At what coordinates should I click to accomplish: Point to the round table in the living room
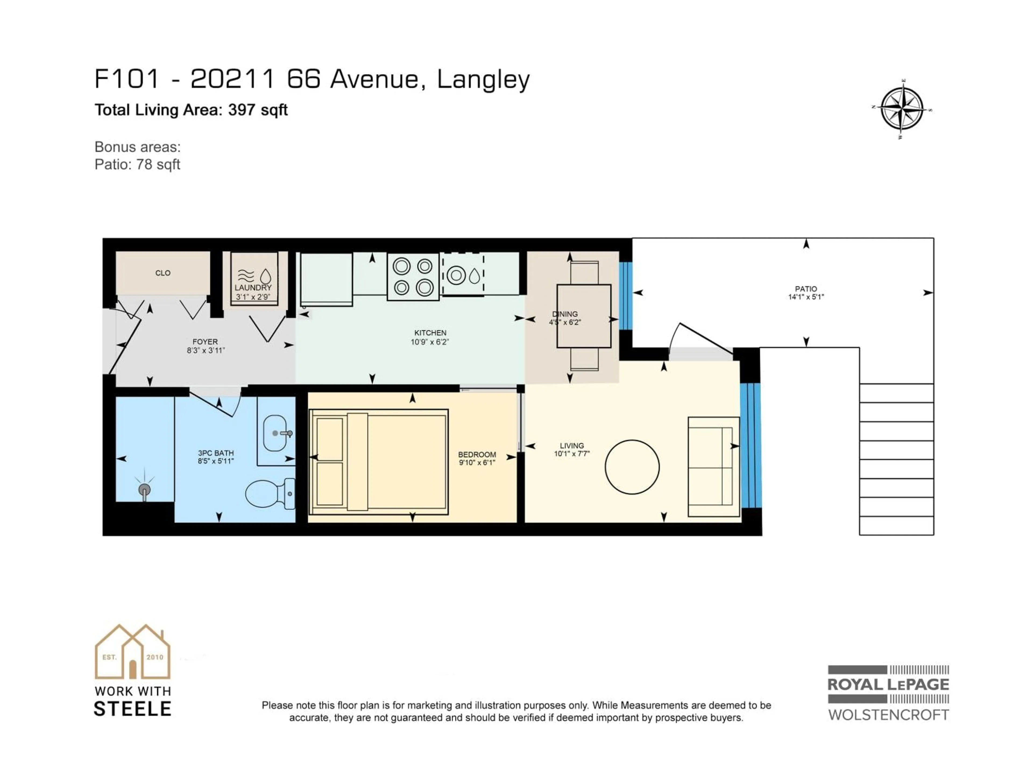point(632,467)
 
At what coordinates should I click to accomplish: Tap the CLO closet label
point(162,273)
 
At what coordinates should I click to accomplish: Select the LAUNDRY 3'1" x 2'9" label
point(253,292)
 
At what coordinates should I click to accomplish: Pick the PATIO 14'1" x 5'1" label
point(806,293)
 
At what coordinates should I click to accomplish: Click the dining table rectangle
point(584,316)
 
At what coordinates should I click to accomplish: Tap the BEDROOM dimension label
point(477,458)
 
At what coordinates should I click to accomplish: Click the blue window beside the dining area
point(625,296)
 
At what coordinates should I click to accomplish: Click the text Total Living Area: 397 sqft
point(191,110)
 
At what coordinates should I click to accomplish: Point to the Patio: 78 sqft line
point(137,164)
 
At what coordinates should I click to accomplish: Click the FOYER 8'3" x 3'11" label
point(205,346)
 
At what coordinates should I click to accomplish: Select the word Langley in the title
point(483,79)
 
